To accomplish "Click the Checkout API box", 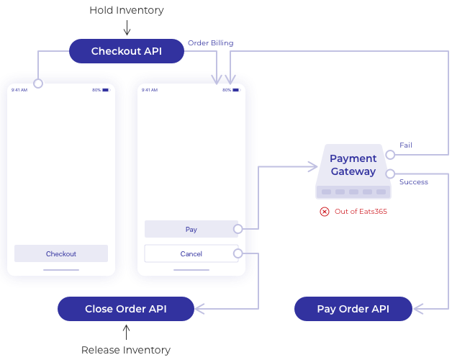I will click(x=126, y=51).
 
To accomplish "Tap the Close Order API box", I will click(x=126, y=309).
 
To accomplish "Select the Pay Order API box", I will click(x=353, y=309).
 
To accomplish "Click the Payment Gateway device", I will click(x=353, y=171).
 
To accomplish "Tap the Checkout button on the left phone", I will click(x=61, y=253).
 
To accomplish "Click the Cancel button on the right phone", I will click(x=191, y=253).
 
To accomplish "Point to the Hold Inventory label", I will click(x=126, y=10).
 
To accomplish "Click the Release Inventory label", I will click(x=126, y=350).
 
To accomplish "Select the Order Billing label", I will click(x=210, y=43).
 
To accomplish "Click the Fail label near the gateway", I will click(x=406, y=145).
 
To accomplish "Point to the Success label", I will click(x=413, y=182).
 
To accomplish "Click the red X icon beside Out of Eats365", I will click(x=325, y=211).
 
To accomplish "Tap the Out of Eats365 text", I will click(x=357, y=211).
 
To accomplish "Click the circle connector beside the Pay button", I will click(x=238, y=229).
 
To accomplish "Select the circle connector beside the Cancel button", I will click(x=238, y=253).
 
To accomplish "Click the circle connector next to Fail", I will click(x=389, y=154).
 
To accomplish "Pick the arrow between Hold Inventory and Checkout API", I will click(x=126, y=29).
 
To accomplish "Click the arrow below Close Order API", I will click(x=126, y=332).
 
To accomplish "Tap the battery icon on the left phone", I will click(x=105, y=90).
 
